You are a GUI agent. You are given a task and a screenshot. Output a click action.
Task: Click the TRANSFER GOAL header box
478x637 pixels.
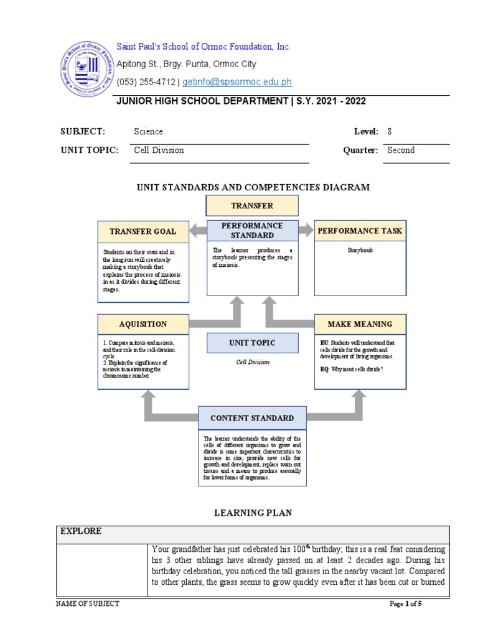(143, 231)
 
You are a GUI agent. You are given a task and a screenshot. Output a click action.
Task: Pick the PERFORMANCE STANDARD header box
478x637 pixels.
(252, 230)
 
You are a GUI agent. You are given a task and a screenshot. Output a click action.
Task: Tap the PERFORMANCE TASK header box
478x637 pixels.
(360, 231)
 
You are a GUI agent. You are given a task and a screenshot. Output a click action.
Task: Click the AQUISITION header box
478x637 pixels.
(143, 324)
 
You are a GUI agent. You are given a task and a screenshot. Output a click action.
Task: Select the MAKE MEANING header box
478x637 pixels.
(360, 324)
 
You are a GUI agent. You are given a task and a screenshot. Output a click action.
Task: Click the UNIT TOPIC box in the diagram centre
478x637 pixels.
(252, 343)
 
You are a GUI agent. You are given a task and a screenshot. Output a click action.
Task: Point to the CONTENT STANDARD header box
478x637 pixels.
(252, 418)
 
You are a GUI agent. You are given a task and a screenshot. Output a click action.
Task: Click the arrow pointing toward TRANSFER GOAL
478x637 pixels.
(198, 231)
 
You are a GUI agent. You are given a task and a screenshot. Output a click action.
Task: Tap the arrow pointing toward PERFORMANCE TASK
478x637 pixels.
(306, 231)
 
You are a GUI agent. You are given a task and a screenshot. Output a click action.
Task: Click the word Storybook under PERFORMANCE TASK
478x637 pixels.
(360, 250)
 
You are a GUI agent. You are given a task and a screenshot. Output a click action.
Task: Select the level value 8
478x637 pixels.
(390, 131)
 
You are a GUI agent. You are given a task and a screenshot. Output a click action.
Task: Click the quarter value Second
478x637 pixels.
(401, 150)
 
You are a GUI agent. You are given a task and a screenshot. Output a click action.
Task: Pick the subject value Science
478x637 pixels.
(148, 131)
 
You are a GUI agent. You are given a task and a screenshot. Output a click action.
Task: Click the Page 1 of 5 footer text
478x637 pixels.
(405, 603)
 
